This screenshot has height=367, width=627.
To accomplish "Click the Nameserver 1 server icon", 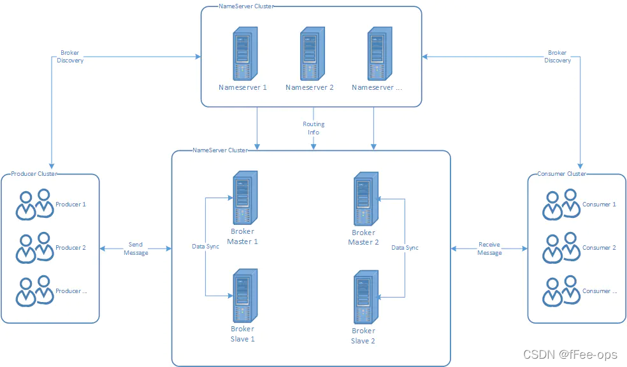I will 243,53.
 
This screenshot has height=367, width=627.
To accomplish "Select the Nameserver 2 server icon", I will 310,53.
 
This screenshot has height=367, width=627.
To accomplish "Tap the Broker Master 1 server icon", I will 242,198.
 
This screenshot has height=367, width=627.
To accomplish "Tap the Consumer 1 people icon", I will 561,205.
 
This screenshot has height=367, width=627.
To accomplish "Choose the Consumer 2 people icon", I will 561,248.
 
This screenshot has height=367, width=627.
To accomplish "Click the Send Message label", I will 136,248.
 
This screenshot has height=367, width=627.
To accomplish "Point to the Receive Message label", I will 489,248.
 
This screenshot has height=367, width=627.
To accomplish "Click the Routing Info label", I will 313,128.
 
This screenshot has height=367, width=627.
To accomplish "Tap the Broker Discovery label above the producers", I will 70,57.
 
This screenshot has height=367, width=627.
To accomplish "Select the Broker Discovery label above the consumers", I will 558,57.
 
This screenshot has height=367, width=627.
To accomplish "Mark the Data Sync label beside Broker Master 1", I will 205,246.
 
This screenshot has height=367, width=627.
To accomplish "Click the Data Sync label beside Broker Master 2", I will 405,247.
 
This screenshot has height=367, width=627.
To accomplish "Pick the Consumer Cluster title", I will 561,174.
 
